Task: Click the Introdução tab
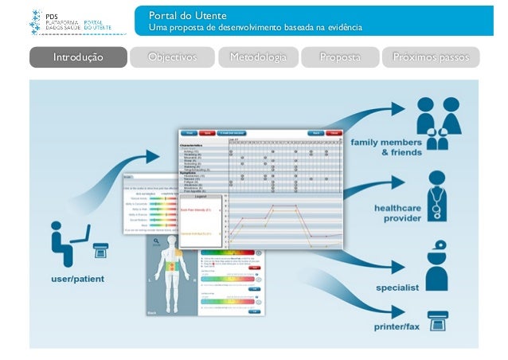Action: pos(78,57)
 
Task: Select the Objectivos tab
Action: pos(173,57)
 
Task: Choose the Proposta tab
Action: pos(340,57)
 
